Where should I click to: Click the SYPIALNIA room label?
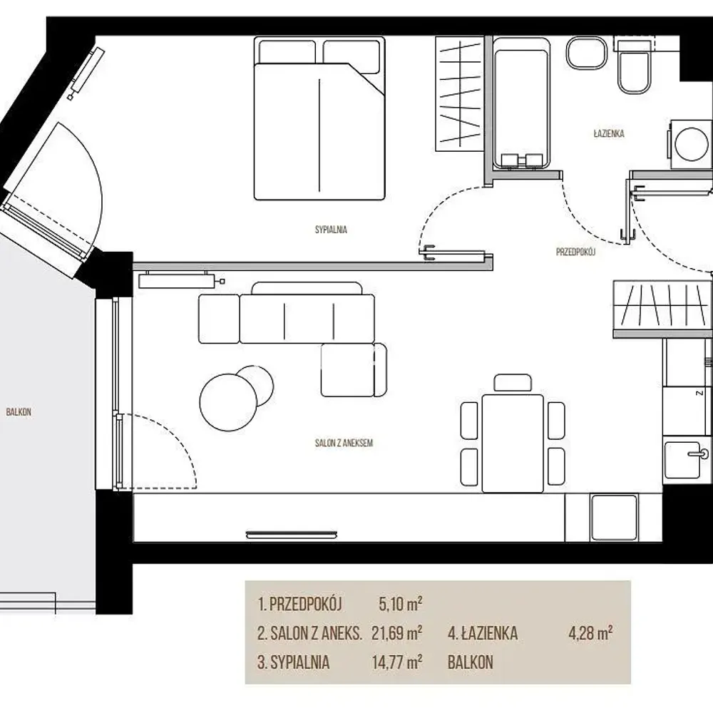click(x=331, y=230)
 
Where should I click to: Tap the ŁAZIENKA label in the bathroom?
click(x=608, y=133)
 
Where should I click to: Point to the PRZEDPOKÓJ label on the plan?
click(x=575, y=252)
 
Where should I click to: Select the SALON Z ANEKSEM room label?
click(x=344, y=443)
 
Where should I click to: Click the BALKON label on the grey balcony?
click(x=19, y=412)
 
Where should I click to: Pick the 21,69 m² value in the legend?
click(x=397, y=633)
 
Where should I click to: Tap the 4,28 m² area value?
click(x=590, y=632)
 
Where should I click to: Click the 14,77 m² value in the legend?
click(x=397, y=662)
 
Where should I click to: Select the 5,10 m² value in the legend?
click(x=400, y=604)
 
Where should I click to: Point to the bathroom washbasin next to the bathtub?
click(x=587, y=53)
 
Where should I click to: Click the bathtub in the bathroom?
click(x=522, y=103)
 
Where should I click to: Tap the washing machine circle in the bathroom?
click(x=691, y=145)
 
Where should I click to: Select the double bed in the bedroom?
click(x=319, y=119)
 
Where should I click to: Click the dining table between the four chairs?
click(x=513, y=443)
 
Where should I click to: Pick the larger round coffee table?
click(x=228, y=402)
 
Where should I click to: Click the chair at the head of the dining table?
click(x=513, y=382)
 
